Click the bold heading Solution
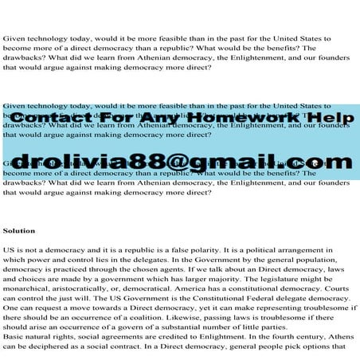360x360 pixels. point(19,230)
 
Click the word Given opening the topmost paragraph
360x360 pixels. point(15,39)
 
